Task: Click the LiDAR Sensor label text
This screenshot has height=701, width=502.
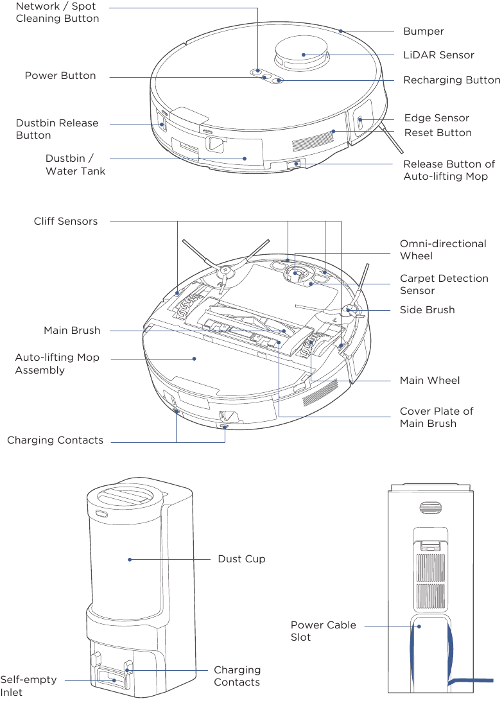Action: tap(438, 55)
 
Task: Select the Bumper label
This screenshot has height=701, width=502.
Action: tap(423, 31)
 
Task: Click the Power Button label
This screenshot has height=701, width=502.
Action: tap(60, 76)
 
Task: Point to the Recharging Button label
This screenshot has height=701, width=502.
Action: tap(451, 80)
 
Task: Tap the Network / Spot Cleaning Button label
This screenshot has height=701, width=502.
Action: tap(57, 12)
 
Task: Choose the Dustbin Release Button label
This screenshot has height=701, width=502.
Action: tap(57, 129)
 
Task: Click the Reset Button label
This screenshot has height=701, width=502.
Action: tap(438, 133)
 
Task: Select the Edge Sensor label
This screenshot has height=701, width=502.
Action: tap(437, 118)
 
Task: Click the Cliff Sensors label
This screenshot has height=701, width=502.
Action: tap(65, 221)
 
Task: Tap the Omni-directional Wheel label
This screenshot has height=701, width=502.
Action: tap(443, 250)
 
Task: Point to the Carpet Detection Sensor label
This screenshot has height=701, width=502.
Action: tap(444, 284)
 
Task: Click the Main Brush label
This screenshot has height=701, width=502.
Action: tap(72, 331)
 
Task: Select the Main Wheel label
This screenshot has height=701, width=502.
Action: tap(429, 381)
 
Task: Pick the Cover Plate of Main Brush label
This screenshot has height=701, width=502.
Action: tap(437, 417)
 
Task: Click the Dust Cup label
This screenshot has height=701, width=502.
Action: tap(241, 559)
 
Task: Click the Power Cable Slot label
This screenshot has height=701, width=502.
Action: tap(323, 631)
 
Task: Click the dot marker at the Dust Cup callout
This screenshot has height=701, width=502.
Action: tap(130, 560)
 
